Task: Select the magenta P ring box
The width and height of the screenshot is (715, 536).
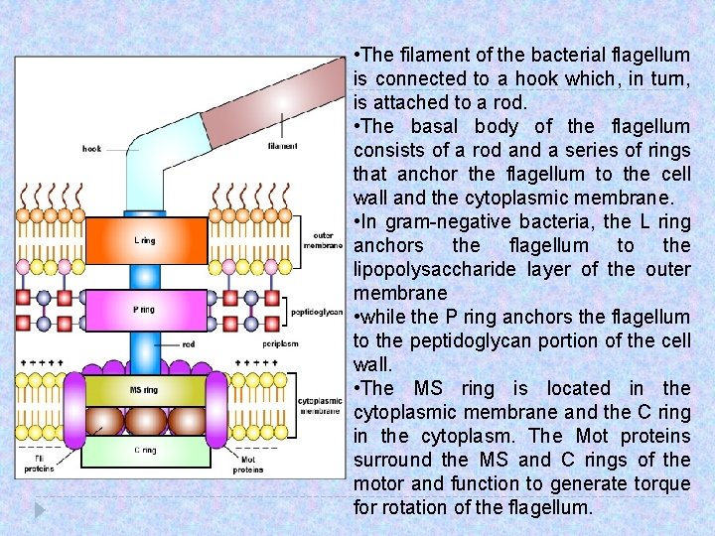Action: pos(145,311)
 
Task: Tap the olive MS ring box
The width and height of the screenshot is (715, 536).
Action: pos(145,390)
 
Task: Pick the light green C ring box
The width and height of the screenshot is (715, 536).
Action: pos(145,452)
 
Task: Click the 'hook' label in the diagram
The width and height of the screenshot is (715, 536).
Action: pos(91,149)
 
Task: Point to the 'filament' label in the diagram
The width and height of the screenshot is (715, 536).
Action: pos(282,147)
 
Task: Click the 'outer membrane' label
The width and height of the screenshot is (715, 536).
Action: pos(323,240)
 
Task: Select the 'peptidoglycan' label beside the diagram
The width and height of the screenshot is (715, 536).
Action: pos(317,312)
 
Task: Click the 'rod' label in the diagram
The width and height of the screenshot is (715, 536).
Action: pos(189,344)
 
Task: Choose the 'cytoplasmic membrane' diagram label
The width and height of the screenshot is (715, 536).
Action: pos(321,405)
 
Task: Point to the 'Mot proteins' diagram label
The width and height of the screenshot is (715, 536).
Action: pos(248,465)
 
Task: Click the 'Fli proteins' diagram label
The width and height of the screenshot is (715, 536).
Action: pos(40,465)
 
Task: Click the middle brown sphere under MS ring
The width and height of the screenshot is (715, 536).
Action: pos(145,421)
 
